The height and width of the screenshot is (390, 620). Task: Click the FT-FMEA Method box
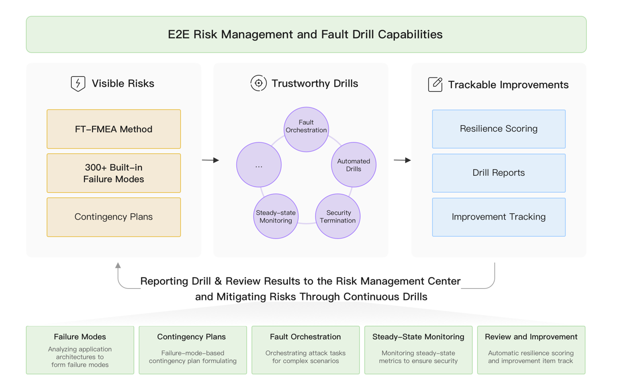click(x=114, y=129)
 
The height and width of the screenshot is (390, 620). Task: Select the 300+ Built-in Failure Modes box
click(x=114, y=173)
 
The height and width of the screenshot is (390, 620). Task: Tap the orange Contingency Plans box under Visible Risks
click(x=114, y=217)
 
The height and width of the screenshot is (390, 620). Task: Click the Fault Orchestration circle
click(x=306, y=129)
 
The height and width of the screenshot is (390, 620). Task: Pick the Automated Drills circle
click(x=354, y=165)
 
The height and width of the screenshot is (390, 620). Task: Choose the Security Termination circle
click(x=338, y=216)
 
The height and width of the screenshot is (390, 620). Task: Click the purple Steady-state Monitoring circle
click(x=276, y=216)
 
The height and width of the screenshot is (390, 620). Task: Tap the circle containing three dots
click(x=259, y=165)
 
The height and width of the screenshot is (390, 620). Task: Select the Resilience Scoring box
click(x=499, y=129)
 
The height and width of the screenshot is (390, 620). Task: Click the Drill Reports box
click(x=499, y=173)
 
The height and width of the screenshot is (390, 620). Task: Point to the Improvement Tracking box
click(x=499, y=217)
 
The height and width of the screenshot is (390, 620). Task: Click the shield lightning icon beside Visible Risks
click(x=78, y=84)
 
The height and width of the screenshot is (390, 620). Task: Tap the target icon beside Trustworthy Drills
click(x=259, y=83)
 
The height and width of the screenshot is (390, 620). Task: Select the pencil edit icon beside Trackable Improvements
click(x=435, y=84)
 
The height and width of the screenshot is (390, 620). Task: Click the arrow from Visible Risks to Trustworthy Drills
click(x=210, y=160)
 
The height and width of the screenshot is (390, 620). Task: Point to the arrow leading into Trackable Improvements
click(x=402, y=160)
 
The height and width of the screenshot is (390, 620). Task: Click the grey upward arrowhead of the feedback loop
click(x=118, y=265)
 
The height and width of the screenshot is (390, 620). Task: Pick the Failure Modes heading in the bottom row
click(x=80, y=336)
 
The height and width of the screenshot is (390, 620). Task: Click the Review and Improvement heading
click(x=531, y=336)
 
